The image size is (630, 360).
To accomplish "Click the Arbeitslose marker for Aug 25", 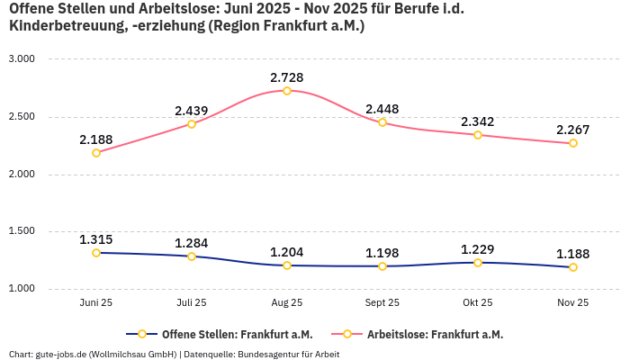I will [287, 91].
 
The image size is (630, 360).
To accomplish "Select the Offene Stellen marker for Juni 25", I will [96, 253].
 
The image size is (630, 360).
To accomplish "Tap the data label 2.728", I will [287, 77].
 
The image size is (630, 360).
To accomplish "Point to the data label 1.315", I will [96, 239].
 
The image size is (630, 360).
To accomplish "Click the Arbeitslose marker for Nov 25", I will [573, 143].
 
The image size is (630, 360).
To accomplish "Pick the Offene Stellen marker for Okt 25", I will [478, 263].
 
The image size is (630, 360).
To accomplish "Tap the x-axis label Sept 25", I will [382, 303].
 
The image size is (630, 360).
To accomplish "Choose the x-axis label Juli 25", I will [192, 303].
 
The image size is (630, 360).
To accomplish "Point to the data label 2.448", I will [382, 110].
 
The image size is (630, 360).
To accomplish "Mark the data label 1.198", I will [382, 253].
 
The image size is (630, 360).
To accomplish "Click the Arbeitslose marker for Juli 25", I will [192, 124].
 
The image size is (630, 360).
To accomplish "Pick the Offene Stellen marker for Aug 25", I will [287, 265].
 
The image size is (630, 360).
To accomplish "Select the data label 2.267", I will [573, 130].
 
